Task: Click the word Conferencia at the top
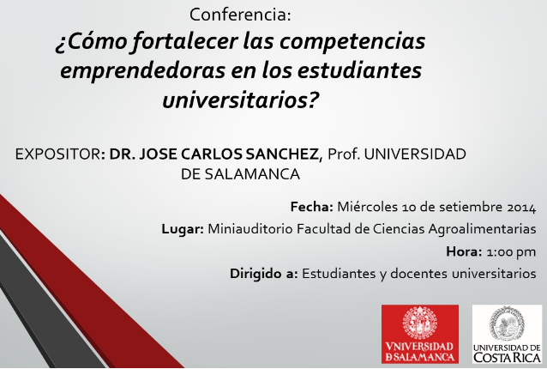240,15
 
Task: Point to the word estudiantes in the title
360,70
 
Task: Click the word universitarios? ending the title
241,100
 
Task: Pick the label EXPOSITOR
58,154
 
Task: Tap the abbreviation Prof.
344,154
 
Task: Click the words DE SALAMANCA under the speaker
240,174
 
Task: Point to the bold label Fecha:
312,207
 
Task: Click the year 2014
521,208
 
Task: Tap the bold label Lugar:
183,229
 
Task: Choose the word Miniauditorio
250,229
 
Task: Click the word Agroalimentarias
482,229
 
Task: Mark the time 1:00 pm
511,252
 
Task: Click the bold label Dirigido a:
264,274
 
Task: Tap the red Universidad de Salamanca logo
419,334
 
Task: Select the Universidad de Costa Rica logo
507,334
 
